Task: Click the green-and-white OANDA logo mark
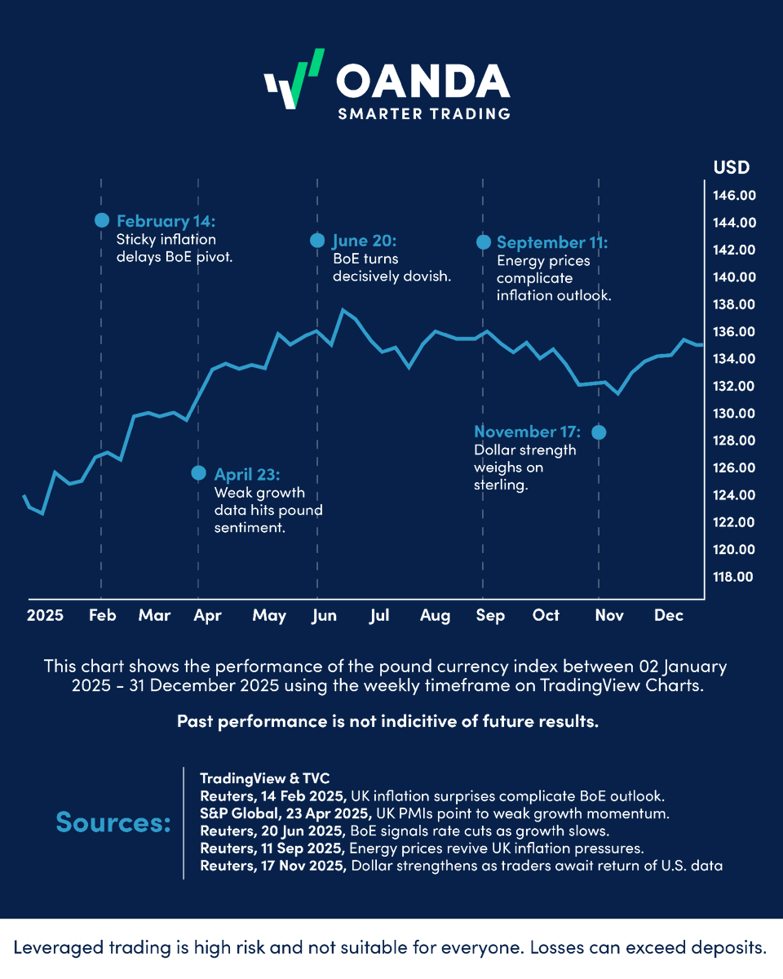[x=294, y=80]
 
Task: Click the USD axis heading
[x=731, y=167]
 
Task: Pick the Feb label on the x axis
[x=102, y=616]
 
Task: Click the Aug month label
[x=435, y=616]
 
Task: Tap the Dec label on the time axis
[x=668, y=616]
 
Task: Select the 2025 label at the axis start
[x=44, y=616]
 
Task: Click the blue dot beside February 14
[x=102, y=219]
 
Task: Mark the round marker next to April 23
[x=198, y=473]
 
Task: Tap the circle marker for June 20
[x=317, y=240]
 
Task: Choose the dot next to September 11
[x=483, y=241]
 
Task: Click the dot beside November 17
[x=599, y=432]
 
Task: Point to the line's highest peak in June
[x=343, y=310]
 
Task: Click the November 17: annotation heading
[x=527, y=432]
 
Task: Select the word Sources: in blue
[x=113, y=822]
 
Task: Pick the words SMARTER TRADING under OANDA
[x=424, y=113]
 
